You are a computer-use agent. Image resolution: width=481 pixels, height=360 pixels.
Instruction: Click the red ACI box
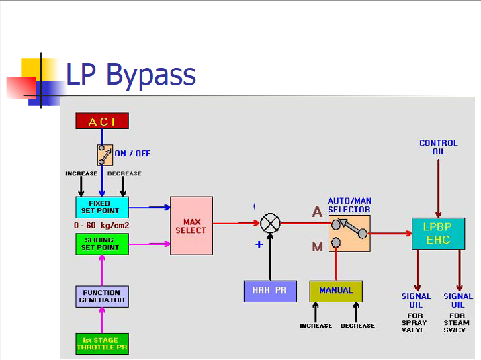(x=101, y=121)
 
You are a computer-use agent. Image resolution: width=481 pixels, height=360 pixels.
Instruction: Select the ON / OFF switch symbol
(x=105, y=154)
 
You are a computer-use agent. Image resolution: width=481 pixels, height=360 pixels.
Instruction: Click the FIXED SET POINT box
(x=101, y=207)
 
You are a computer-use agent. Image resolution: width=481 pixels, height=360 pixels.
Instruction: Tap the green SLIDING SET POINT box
(x=101, y=243)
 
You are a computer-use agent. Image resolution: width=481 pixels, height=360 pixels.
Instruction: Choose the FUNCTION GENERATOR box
(x=101, y=296)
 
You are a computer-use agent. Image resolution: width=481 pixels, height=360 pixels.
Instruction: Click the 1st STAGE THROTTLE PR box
(x=101, y=343)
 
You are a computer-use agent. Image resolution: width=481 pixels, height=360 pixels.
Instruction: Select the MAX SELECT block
(x=191, y=226)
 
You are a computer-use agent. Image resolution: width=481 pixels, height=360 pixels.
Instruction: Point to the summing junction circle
(x=270, y=223)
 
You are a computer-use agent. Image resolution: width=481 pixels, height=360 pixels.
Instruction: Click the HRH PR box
(x=270, y=291)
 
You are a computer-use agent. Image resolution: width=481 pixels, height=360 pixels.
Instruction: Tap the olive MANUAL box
(x=336, y=291)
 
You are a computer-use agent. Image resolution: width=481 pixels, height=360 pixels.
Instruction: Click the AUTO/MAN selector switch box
(x=349, y=233)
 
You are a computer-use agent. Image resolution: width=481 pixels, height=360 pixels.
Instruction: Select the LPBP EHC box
(x=437, y=233)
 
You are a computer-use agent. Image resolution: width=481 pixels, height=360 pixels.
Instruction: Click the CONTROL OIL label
(x=438, y=147)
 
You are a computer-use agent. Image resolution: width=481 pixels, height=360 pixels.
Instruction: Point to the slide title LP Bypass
(x=130, y=75)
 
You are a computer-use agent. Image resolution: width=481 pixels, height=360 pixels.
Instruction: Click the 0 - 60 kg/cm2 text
(x=101, y=224)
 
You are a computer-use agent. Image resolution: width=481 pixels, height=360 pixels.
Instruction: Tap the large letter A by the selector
(x=317, y=212)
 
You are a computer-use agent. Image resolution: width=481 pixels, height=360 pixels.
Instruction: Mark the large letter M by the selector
(x=317, y=246)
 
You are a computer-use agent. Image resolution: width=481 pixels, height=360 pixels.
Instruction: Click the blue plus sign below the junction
(x=259, y=245)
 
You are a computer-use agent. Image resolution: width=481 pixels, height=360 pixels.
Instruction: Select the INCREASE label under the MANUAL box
(x=316, y=326)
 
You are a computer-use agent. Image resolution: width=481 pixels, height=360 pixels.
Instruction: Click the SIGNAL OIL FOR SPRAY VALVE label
(x=416, y=313)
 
